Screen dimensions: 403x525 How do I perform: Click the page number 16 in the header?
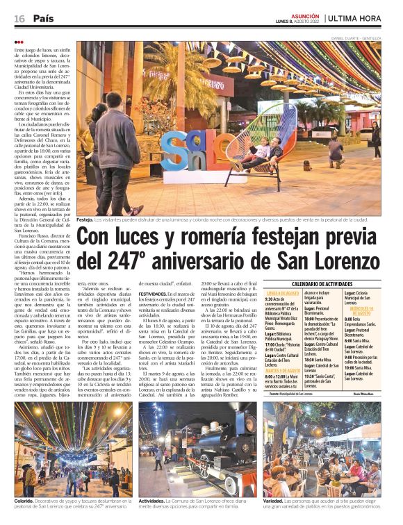[x=19, y=19]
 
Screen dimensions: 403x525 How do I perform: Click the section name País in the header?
[x=44, y=19]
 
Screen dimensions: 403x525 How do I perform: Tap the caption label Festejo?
[x=84, y=219]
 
